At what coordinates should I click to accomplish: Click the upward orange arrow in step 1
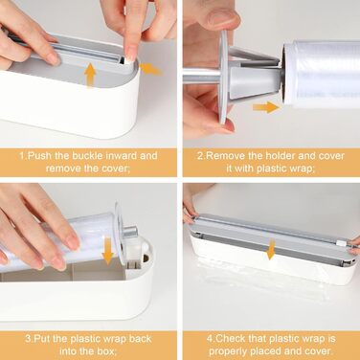pyautogui.click(x=91, y=75)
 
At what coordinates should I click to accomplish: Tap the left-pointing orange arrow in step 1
pyautogui.click(x=150, y=69)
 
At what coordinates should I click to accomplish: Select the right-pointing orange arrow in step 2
pyautogui.click(x=266, y=107)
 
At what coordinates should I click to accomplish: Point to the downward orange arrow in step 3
pyautogui.click(x=108, y=252)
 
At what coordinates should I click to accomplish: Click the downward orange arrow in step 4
pyautogui.click(x=271, y=250)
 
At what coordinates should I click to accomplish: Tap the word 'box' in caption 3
pyautogui.click(x=104, y=351)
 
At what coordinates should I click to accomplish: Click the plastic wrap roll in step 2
pyautogui.click(x=322, y=74)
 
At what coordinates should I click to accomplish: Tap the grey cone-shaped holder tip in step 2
pyautogui.click(x=256, y=82)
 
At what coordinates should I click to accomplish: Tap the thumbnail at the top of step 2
pyautogui.click(x=222, y=20)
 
